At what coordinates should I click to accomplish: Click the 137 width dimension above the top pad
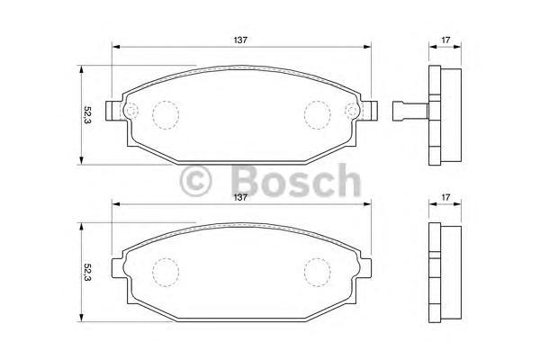[x=240, y=40]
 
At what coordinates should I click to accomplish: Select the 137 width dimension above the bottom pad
[x=240, y=198]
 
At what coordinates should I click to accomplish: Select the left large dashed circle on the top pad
[x=165, y=112]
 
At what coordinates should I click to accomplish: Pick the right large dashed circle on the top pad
[x=316, y=112]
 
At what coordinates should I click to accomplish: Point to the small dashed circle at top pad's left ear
[x=129, y=112]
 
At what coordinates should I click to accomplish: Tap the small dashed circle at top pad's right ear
[x=352, y=112]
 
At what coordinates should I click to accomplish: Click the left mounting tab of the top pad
[x=112, y=112]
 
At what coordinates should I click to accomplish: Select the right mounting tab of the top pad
[x=369, y=112]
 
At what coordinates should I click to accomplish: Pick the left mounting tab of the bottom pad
[x=113, y=268]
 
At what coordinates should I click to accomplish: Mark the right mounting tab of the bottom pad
[x=367, y=268]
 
